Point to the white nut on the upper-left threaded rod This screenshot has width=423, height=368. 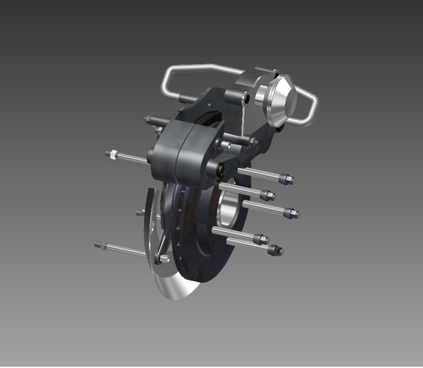pos(112,154)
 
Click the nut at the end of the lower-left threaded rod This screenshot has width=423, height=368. pos(102,246)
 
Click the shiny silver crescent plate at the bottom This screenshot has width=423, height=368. pos(173,285)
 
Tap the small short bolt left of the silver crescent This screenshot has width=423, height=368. pos(140,213)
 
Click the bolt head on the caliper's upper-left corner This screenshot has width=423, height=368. pos(148,120)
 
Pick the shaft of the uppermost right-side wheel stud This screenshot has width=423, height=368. pos(259,173)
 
